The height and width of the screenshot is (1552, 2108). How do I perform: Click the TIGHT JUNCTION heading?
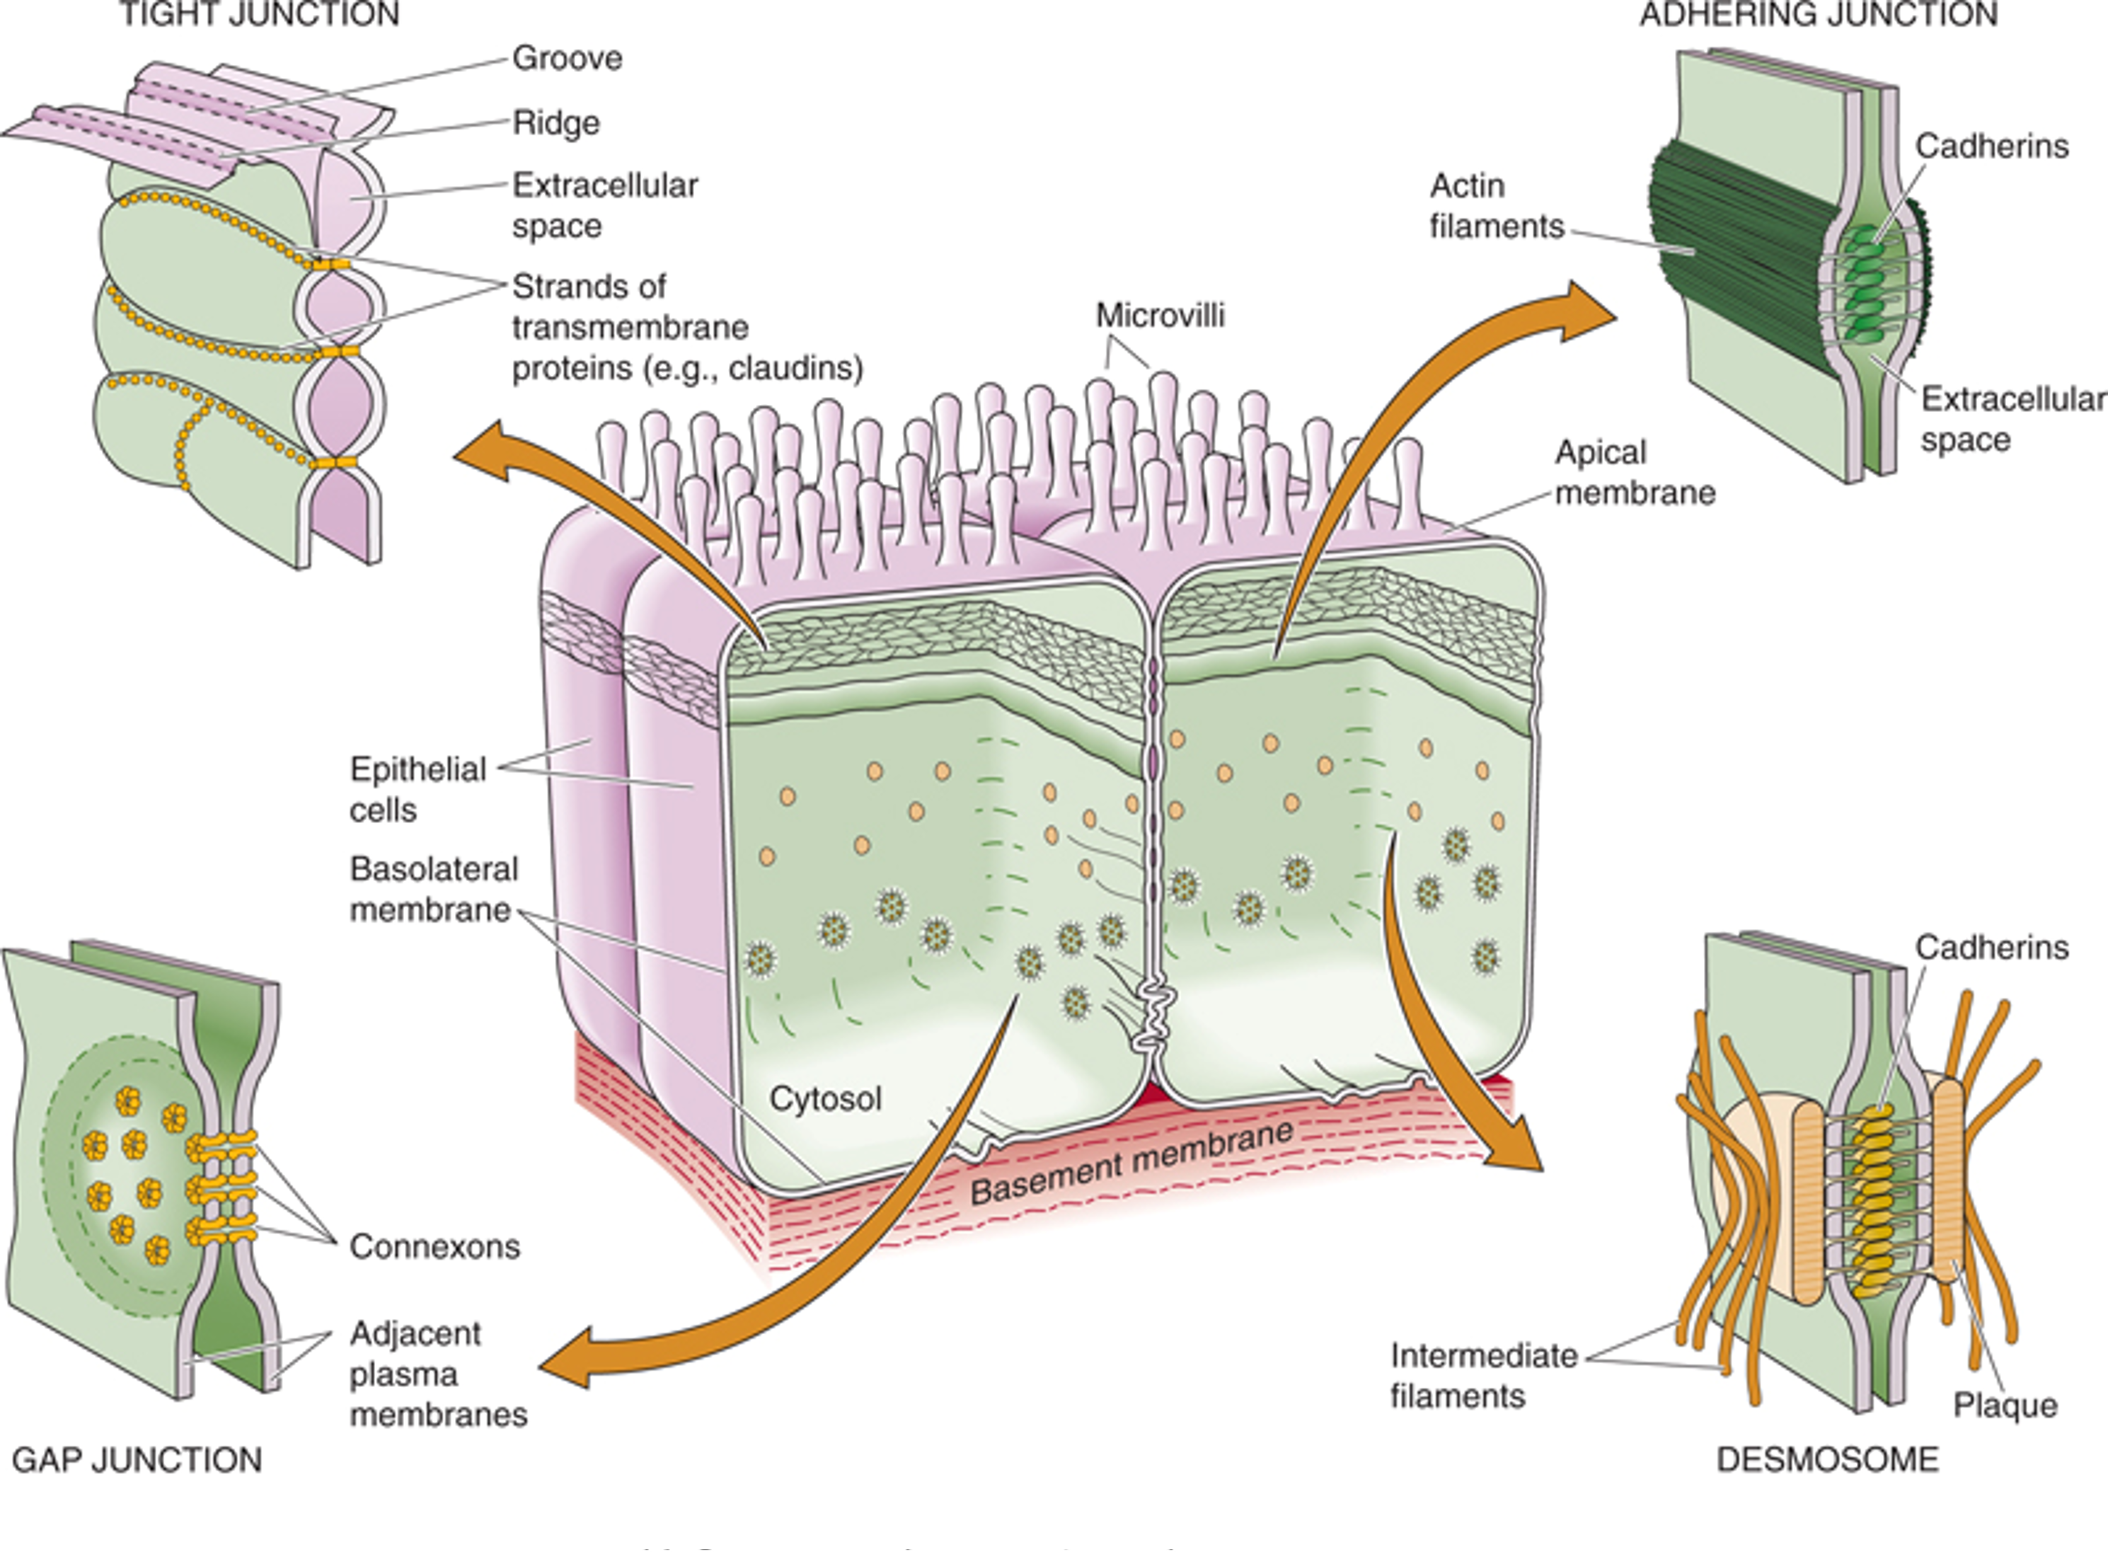pyautogui.click(x=259, y=15)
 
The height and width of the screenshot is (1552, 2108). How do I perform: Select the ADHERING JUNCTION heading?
pyautogui.click(x=1819, y=15)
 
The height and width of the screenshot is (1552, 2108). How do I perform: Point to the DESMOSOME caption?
pyautogui.click(x=1827, y=1459)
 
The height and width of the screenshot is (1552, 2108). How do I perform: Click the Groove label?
pyautogui.click(x=568, y=58)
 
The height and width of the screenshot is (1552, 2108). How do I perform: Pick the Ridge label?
pyautogui.click(x=556, y=123)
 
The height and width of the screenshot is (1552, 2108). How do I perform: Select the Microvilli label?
pyautogui.click(x=1160, y=315)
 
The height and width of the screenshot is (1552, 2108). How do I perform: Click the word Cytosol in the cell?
pyautogui.click(x=825, y=1098)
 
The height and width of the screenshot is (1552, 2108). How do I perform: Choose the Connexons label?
pyautogui.click(x=434, y=1247)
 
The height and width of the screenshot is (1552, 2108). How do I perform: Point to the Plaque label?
pyautogui.click(x=2005, y=1406)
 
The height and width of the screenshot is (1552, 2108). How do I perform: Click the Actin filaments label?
pyautogui.click(x=1495, y=206)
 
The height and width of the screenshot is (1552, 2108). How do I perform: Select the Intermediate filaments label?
pyautogui.click(x=1483, y=1375)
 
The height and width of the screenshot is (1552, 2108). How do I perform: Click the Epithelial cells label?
pyautogui.click(x=417, y=789)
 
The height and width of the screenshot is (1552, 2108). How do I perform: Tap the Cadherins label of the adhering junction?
pyautogui.click(x=1991, y=146)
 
